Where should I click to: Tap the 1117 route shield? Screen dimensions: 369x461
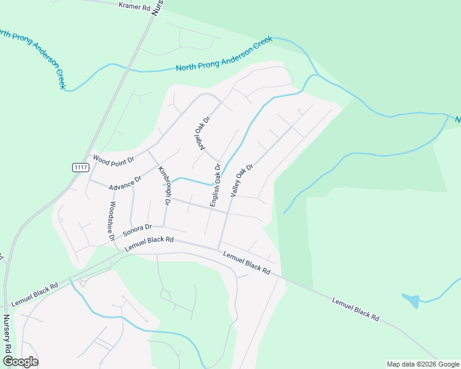click(x=80, y=167)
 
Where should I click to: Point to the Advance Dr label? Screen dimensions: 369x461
click(x=125, y=181)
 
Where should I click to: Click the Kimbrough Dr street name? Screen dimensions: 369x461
click(x=165, y=184)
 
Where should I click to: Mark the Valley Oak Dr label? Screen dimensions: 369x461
click(x=242, y=180)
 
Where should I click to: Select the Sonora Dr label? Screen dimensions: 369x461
click(x=137, y=230)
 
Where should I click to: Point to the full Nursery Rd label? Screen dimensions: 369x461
click(x=7, y=335)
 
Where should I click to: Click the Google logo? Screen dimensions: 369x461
click(x=20, y=362)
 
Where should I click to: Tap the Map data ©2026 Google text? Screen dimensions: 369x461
click(x=422, y=364)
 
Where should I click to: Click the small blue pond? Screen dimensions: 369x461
click(x=412, y=301)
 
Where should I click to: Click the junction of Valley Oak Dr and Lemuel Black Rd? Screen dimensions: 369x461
click(x=219, y=249)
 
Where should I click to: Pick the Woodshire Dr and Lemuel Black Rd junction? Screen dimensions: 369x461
click(x=118, y=250)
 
